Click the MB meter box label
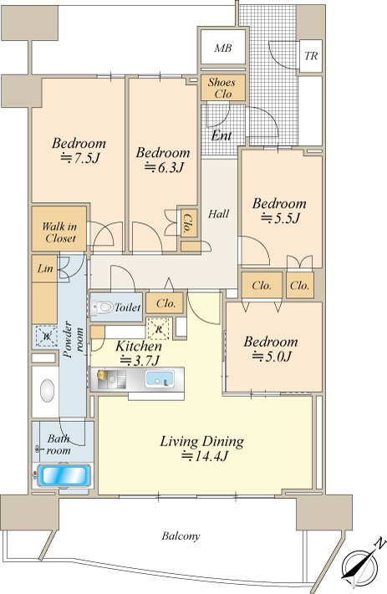tap(223, 48)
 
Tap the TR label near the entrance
tap(311, 56)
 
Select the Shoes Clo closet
tap(223, 88)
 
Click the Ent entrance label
tap(222, 135)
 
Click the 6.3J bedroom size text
tap(164, 167)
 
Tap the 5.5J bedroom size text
tap(281, 218)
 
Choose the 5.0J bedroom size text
tap(272, 356)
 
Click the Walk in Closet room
tap(59, 228)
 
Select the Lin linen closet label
tap(45, 268)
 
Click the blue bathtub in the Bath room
tap(64, 476)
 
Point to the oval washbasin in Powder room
tap(48, 391)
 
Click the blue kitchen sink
tap(160, 379)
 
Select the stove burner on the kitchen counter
tap(102, 375)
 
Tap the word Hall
tap(219, 214)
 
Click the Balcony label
tap(181, 536)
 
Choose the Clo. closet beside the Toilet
tap(165, 303)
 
